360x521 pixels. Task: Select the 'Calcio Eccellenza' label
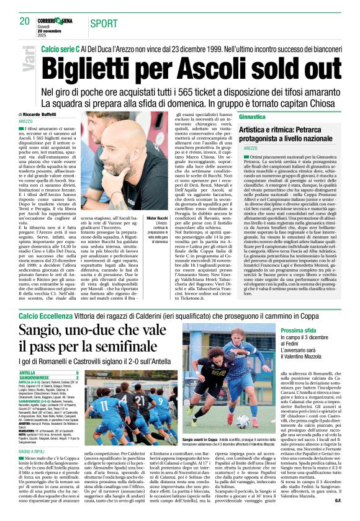[x=44, y=314]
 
